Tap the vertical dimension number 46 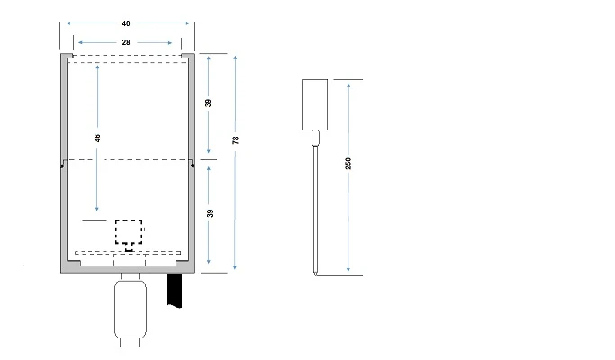point(97,139)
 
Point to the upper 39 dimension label point(209,103)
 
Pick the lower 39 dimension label point(209,213)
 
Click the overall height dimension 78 point(235,140)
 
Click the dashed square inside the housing point(129,231)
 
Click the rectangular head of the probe point(314,103)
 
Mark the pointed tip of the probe point(314,271)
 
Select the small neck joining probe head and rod point(314,138)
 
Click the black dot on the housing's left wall point(61,164)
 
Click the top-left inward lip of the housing point(68,56)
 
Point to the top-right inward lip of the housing point(187,56)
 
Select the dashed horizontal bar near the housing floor point(128,253)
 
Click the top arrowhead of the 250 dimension point(348,83)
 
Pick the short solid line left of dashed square point(94,220)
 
